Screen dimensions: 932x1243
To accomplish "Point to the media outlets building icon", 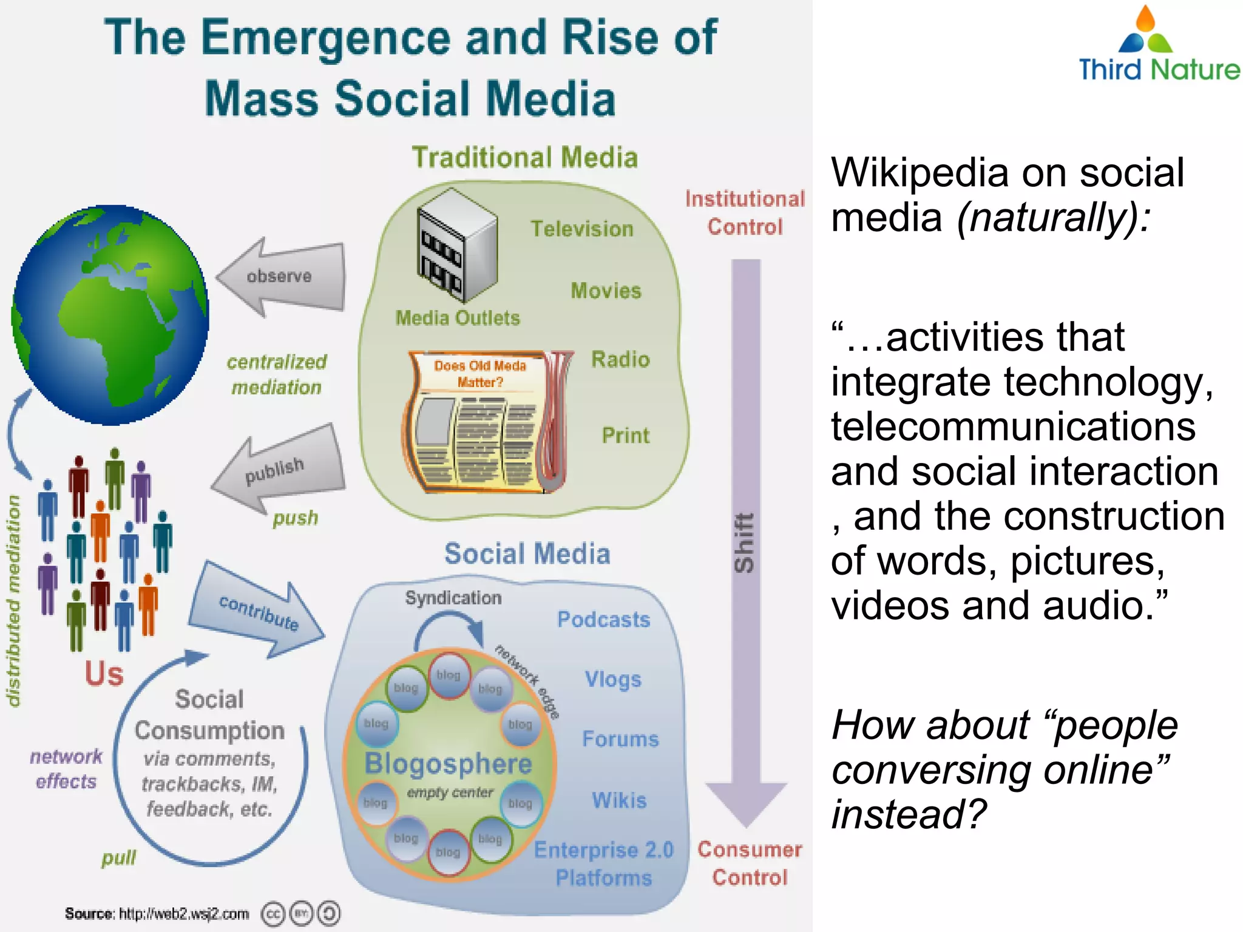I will [456, 245].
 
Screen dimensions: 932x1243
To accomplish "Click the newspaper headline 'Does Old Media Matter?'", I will [479, 373].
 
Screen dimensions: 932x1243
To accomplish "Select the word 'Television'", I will [581, 229].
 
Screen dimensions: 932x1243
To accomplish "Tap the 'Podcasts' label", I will [603, 620].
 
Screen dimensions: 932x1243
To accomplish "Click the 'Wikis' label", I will [619, 800].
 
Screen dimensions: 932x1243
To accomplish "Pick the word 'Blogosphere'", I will [448, 764].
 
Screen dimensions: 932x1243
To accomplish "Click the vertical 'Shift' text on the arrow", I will [745, 543].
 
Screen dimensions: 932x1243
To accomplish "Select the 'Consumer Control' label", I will [750, 863].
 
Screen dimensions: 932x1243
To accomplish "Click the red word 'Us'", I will [104, 674].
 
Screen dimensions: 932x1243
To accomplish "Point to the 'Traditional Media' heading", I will [525, 158].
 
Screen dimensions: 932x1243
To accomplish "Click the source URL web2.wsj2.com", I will [183, 913].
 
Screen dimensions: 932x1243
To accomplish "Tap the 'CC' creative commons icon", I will [272, 914].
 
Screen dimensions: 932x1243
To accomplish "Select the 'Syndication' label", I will [453, 598].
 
